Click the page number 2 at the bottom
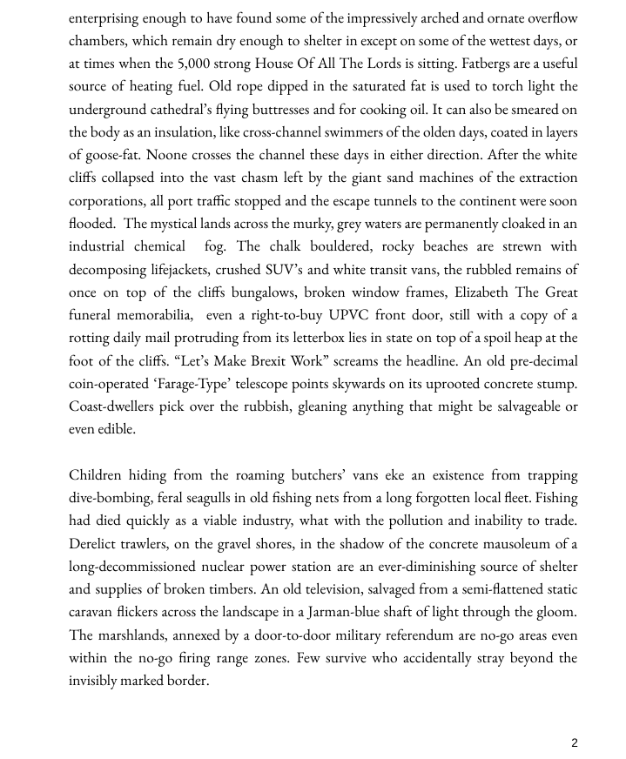(575, 742)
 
